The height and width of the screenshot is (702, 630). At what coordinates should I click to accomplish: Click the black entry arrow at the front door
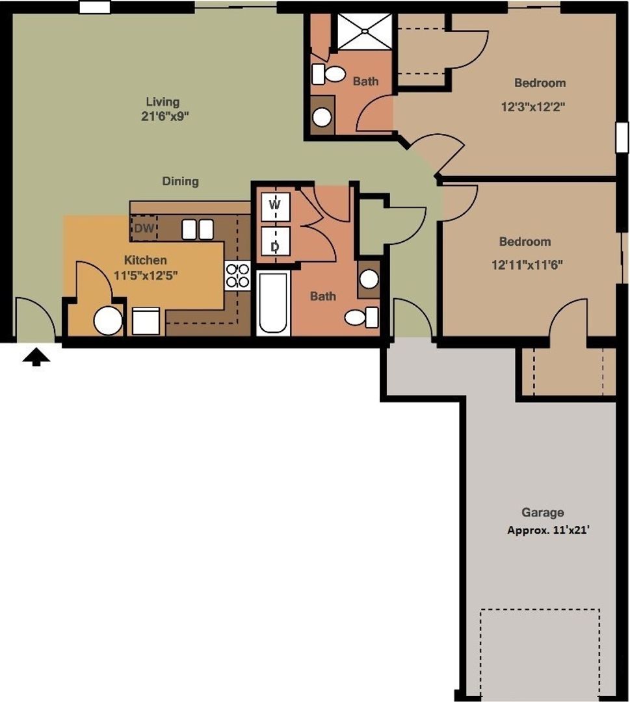click(x=36, y=356)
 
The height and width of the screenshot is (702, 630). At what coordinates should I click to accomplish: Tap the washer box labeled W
click(x=274, y=206)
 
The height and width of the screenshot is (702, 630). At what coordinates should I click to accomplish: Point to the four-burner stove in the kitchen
click(x=238, y=275)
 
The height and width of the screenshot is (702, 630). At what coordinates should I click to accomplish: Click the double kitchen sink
click(x=198, y=229)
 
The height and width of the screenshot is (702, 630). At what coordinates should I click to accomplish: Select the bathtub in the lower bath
click(x=272, y=304)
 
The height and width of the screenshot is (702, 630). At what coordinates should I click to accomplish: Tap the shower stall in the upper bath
click(x=363, y=31)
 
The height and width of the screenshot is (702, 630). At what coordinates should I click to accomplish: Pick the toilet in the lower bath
click(x=361, y=317)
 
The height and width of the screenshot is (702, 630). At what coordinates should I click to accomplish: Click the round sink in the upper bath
click(x=322, y=117)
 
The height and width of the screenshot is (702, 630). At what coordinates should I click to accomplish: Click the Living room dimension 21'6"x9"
click(x=163, y=117)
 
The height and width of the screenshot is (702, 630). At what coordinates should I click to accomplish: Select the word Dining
click(x=180, y=181)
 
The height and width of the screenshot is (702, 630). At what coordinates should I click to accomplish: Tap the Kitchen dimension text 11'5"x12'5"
click(x=146, y=275)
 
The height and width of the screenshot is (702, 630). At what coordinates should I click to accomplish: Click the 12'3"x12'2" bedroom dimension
click(x=532, y=107)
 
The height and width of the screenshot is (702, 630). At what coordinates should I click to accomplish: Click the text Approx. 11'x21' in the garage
click(x=547, y=530)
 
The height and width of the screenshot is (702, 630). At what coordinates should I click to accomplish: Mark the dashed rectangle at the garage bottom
click(x=540, y=650)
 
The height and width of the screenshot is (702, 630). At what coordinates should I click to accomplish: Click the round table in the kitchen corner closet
click(x=108, y=321)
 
